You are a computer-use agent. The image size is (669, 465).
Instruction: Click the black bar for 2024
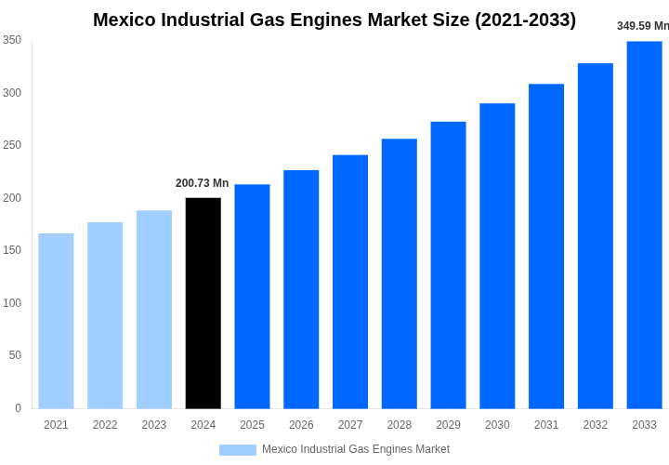[203, 303]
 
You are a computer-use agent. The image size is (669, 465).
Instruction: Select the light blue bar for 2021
[56, 321]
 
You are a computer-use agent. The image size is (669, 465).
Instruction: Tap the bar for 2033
[644, 225]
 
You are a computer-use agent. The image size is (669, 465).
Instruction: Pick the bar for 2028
[399, 273]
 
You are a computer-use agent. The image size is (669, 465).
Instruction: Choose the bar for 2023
[154, 310]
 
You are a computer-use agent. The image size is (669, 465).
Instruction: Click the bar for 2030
[497, 256]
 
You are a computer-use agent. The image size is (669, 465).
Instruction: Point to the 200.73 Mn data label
[202, 183]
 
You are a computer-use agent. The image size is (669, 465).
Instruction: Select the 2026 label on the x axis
[301, 425]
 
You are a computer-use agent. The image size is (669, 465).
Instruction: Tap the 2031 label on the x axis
[546, 425]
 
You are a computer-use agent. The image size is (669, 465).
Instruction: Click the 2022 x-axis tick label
[105, 425]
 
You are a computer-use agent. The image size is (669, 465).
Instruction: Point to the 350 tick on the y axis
[12, 40]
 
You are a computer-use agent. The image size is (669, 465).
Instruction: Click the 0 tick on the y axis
[18, 408]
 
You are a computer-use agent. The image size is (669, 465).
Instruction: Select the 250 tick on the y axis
[12, 145]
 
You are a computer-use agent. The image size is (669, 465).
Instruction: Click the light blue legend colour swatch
[238, 450]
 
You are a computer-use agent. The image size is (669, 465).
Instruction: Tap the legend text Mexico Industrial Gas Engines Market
[356, 449]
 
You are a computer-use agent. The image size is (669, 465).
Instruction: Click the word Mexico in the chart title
[125, 20]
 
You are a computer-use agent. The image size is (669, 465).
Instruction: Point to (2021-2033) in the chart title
[525, 20]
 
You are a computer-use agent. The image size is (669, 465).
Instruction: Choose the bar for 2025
[252, 297]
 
